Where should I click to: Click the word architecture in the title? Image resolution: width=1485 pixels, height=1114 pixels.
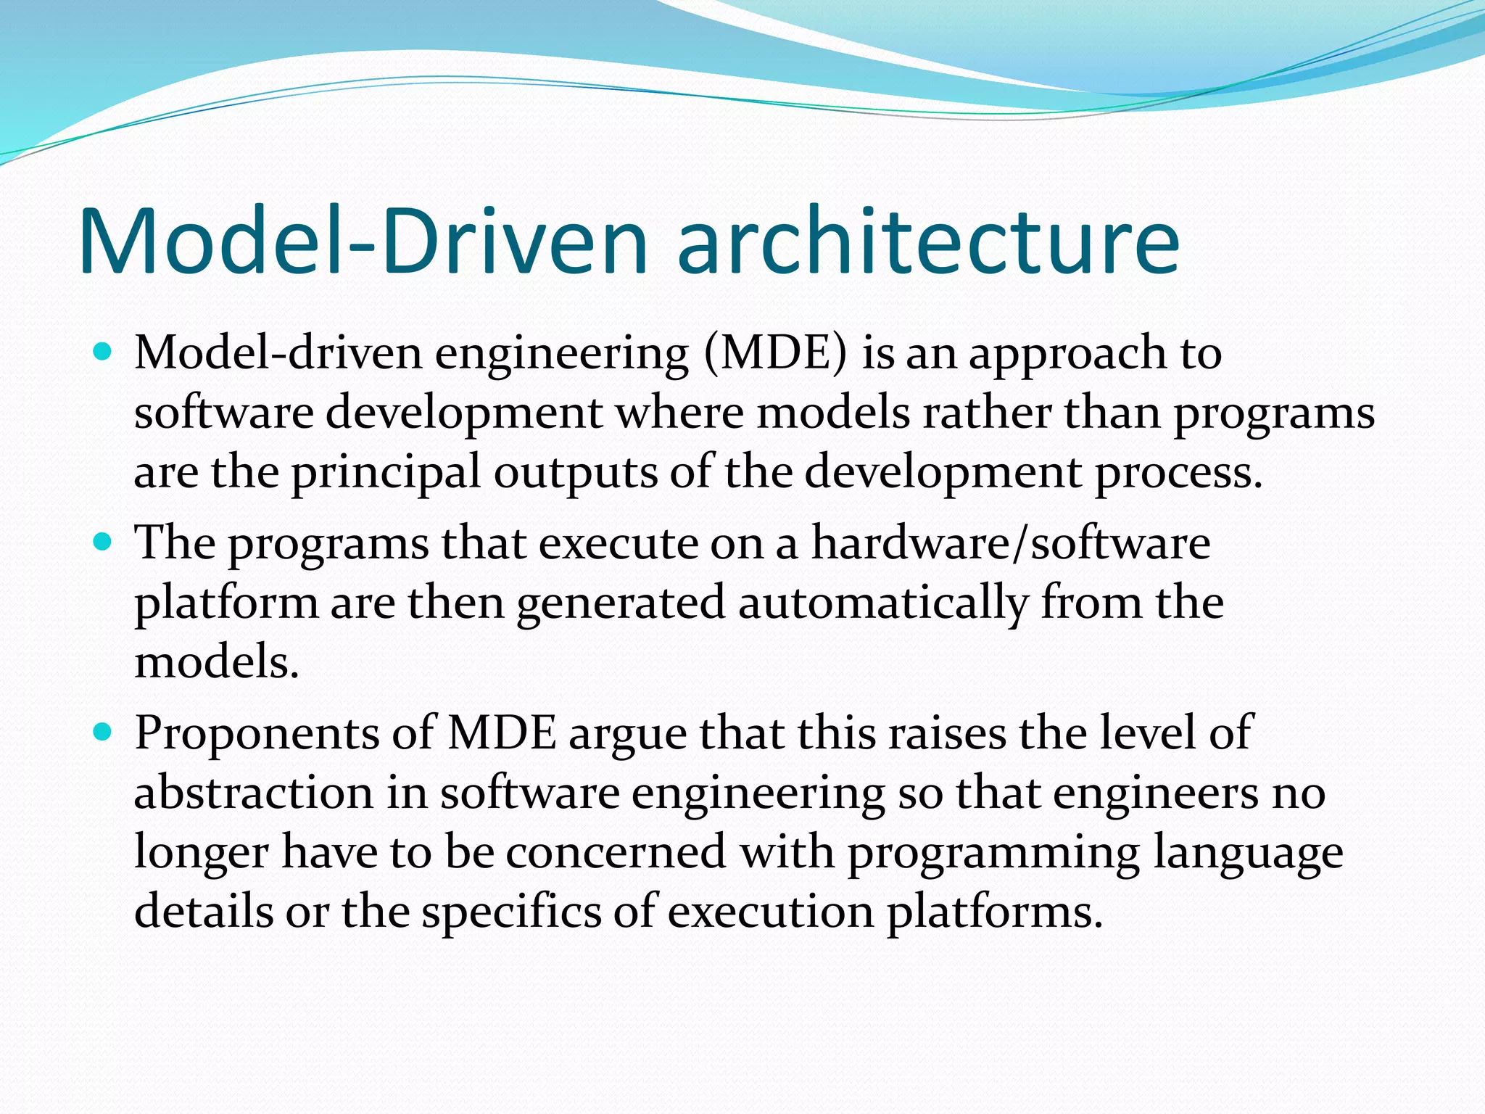click(928, 243)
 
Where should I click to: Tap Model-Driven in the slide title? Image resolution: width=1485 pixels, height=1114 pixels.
click(363, 243)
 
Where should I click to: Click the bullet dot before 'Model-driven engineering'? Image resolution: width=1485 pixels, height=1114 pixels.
click(103, 353)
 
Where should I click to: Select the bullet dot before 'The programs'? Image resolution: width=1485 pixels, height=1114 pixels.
click(103, 542)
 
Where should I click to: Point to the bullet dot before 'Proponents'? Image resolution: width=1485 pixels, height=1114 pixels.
click(103, 733)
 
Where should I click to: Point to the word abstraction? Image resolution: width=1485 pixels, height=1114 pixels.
click(253, 793)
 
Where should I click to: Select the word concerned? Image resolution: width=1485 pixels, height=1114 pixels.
click(616, 852)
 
